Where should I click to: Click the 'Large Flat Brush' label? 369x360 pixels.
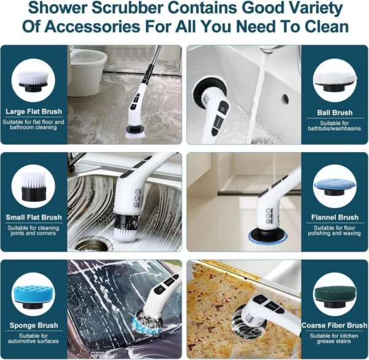pos(34,111)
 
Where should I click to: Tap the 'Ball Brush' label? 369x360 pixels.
pos(335,113)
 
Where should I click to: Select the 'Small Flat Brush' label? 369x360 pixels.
pos(34,217)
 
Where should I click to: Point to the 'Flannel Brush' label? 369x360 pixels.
pos(335,217)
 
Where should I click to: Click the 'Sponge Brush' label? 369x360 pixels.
pos(34,325)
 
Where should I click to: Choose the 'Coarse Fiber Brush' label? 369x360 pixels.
pos(335,325)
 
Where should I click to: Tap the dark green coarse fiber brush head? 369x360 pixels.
pos(335,297)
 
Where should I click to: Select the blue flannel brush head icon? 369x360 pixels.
pos(335,188)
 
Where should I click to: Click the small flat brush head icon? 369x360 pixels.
pos(33,186)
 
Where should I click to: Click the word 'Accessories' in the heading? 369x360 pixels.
pos(93,26)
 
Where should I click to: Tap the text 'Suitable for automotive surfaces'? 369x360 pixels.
pos(33,338)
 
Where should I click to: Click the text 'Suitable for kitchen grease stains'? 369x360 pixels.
pos(334,338)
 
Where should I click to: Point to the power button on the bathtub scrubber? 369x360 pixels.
pos(223,109)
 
